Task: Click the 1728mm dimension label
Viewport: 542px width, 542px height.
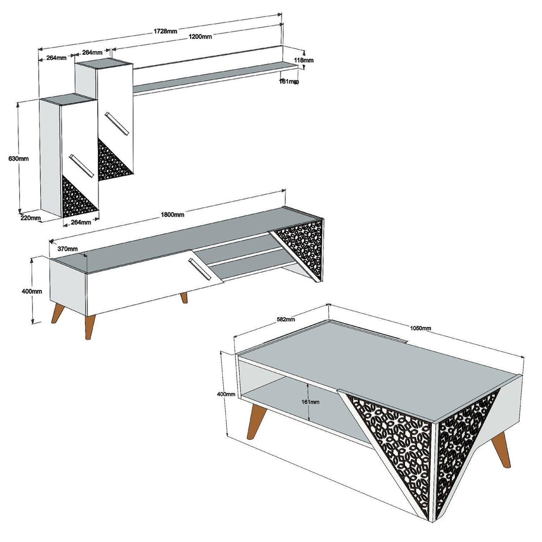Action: point(166,31)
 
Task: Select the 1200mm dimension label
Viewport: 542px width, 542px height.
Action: point(200,37)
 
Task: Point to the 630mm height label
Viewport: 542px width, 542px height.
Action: point(18,158)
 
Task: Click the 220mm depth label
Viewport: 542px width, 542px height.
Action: point(31,218)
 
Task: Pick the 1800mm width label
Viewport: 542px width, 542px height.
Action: point(172,214)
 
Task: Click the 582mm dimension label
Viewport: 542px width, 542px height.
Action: point(286,319)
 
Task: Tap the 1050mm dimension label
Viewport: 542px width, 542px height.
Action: point(421,328)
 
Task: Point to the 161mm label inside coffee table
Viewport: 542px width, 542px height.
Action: point(310,401)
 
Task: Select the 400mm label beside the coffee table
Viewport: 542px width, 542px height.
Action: point(226,394)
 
